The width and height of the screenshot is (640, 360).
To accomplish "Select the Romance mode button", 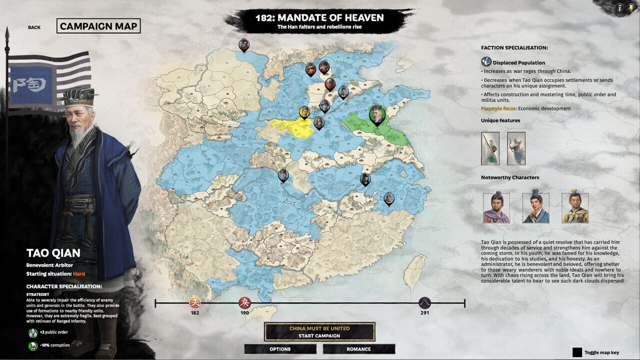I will point(358,349).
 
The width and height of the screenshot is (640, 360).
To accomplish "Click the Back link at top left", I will point(34,27).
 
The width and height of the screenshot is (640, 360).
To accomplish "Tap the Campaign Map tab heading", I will point(98,26).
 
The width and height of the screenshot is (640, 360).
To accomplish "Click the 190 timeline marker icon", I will point(244,302).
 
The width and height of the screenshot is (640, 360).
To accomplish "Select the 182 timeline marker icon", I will point(194,302).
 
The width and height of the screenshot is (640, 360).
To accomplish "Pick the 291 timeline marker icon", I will point(424,302).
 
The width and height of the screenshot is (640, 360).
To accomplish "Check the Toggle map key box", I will point(577,352).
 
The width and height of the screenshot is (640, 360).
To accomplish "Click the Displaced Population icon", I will point(486,62).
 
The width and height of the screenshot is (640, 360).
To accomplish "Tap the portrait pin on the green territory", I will point(376,114).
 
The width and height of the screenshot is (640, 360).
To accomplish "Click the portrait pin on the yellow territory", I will point(304,112).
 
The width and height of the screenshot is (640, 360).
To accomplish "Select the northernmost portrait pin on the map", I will point(243,45).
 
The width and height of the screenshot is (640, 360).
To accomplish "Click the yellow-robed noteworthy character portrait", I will point(575,208).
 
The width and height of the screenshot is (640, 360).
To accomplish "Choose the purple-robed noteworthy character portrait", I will point(496,208).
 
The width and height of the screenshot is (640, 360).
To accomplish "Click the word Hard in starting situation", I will point(79,274).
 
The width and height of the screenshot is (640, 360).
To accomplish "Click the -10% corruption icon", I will point(33,345).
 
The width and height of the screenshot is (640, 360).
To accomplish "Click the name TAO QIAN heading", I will point(53,253).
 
